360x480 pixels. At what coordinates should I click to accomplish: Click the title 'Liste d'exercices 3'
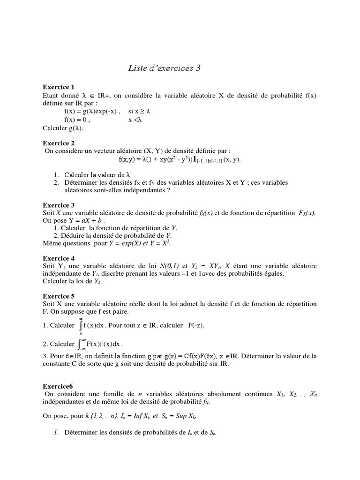[164, 68]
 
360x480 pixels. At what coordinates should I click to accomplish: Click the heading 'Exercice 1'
[59, 87]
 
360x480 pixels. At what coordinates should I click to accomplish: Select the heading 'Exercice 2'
[59, 142]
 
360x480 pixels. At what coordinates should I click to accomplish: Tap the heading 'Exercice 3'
[59, 205]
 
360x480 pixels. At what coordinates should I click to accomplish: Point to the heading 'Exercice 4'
[59, 258]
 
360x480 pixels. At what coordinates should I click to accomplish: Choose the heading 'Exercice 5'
[59, 296]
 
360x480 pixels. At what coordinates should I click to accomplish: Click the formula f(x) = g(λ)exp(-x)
[92, 112]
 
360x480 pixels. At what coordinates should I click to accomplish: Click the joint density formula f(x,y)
[180, 159]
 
